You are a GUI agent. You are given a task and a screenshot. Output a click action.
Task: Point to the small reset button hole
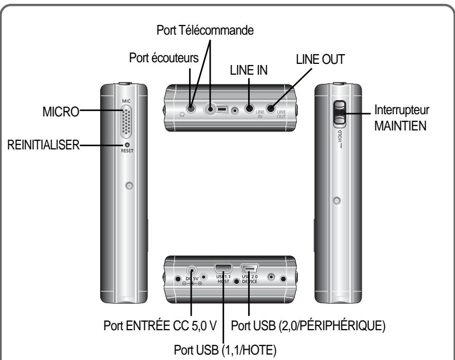[127, 145]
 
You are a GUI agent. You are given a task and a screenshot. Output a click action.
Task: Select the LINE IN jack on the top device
[249, 108]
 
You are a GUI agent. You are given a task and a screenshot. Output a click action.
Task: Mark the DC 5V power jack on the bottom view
[192, 272]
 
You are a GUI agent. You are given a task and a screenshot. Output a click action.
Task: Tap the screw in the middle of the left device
[128, 186]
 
